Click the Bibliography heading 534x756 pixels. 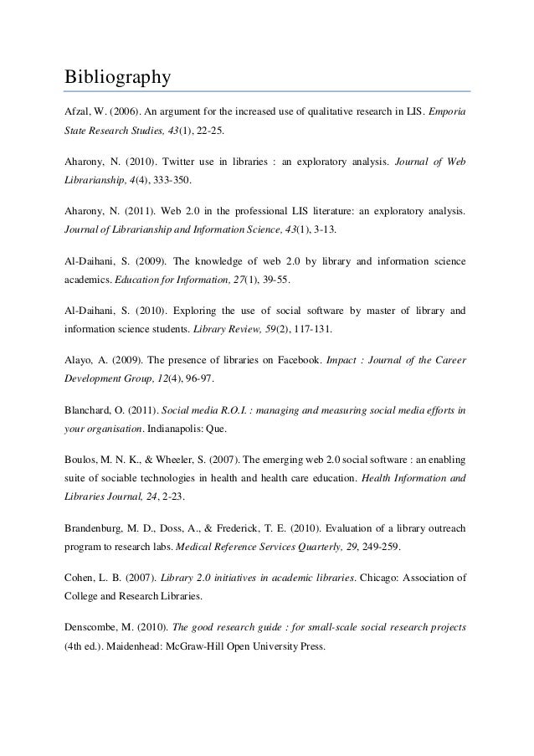tap(118, 78)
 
